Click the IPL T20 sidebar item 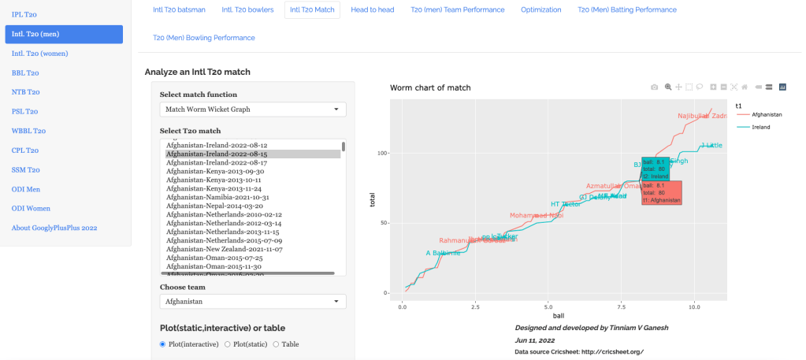(25, 14)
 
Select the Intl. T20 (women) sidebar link (39, 53)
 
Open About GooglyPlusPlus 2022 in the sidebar (54, 228)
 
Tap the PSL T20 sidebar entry (25, 111)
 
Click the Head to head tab (373, 10)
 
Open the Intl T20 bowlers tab (247, 10)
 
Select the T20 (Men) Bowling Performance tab (203, 38)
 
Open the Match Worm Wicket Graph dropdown (252, 109)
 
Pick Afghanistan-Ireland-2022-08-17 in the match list (217, 162)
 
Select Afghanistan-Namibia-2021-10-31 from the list (217, 197)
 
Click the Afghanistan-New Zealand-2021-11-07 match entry (224, 249)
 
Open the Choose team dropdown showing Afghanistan (252, 301)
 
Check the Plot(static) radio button (228, 344)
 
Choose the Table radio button (277, 344)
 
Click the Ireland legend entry (760, 127)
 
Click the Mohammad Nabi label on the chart (537, 215)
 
